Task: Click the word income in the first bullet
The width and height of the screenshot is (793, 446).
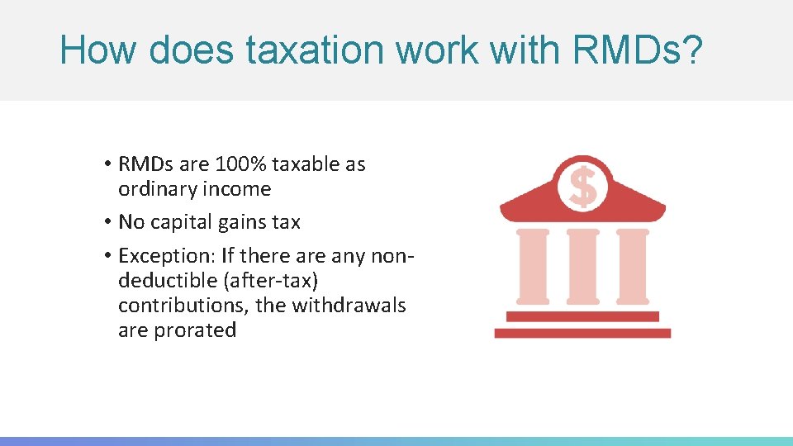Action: pyautogui.click(x=240, y=189)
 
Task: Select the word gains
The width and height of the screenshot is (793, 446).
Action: pyautogui.click(x=244, y=222)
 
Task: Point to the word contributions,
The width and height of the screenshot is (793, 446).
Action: pyautogui.click(x=183, y=306)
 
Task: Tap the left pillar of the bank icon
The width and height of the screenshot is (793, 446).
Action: pyautogui.click(x=533, y=266)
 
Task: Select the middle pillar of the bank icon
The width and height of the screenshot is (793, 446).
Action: pyautogui.click(x=583, y=266)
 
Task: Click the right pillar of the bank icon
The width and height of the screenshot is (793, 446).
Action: pyautogui.click(x=633, y=266)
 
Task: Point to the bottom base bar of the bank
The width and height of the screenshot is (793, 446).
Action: pyautogui.click(x=582, y=333)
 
